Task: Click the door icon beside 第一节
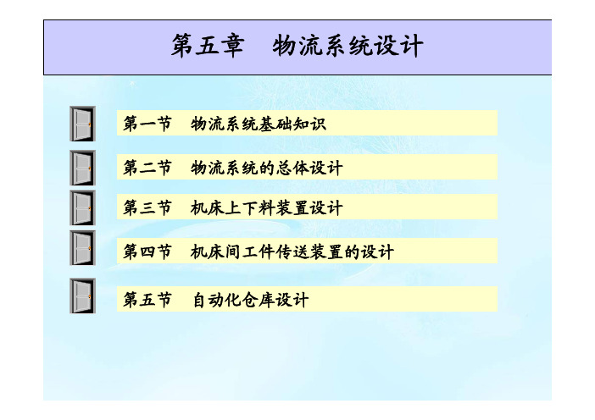pos(82,124)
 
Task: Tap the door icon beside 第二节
pos(82,168)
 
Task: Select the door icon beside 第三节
pos(82,208)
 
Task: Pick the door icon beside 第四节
pos(82,248)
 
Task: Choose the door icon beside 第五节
pos(82,296)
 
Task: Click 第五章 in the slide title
pos(207,46)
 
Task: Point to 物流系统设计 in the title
pos(348,46)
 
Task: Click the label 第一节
pos(147,124)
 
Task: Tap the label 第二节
pos(147,168)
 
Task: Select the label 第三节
pos(147,207)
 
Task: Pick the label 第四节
pos(147,251)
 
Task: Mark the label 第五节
pos(147,300)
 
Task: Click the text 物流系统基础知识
pos(258,124)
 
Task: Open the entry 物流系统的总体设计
pos(266,168)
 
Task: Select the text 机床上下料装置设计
pos(266,207)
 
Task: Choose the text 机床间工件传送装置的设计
pos(292,251)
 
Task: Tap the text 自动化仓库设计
pos(250,300)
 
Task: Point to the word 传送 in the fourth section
pos(292,251)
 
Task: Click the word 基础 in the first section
pos(275,124)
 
